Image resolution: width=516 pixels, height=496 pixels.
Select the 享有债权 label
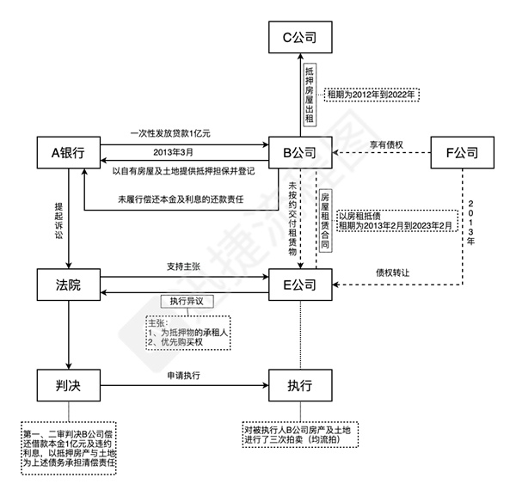(x=386, y=144)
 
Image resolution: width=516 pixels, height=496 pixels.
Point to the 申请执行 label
(x=183, y=377)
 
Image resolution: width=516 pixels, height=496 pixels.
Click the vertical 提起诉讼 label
(x=57, y=220)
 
